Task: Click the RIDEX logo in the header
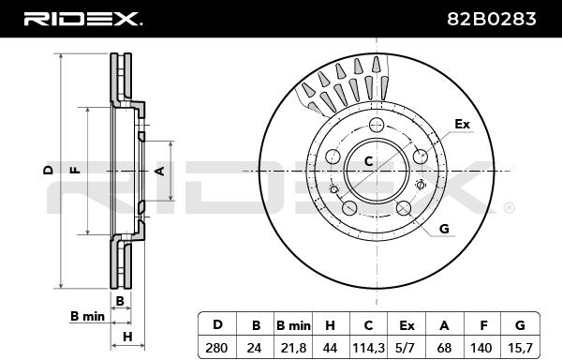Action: click(82, 19)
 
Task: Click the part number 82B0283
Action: click(492, 19)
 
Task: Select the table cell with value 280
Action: click(216, 348)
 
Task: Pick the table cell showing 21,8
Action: click(293, 348)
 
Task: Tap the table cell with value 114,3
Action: click(368, 348)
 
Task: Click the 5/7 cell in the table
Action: click(407, 348)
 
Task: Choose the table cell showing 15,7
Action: click(520, 348)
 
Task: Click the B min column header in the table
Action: click(293, 325)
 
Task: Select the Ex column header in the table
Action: click(407, 325)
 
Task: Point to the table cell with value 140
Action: click(482, 348)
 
